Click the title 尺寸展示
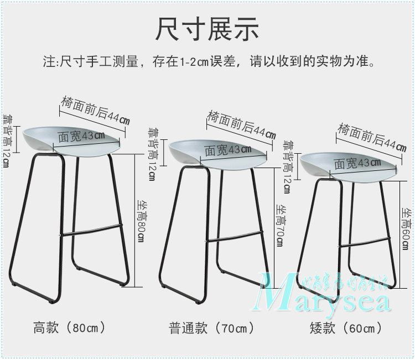(x=207, y=29)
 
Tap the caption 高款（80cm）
(x=70, y=327)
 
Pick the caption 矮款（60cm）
(x=346, y=328)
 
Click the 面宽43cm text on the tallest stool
(x=81, y=135)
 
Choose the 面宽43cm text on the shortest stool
(x=357, y=163)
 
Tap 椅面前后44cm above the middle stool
(x=241, y=125)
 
